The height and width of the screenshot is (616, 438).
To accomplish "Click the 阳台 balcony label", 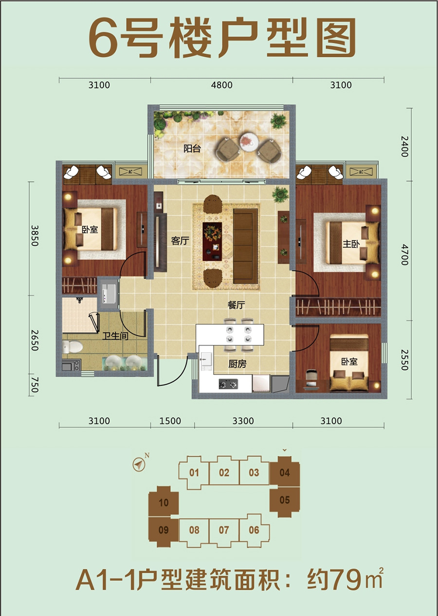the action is point(192,149).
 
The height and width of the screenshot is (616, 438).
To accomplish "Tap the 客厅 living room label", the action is point(180,241).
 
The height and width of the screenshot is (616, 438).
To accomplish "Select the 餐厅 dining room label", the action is point(236,305).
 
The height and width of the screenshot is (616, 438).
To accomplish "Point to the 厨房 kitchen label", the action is point(237,364).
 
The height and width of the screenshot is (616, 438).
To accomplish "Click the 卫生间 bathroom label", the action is point(115,336).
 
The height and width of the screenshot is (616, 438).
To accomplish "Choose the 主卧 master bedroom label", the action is point(351,244).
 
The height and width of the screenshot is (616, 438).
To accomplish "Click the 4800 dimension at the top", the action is point(222,85).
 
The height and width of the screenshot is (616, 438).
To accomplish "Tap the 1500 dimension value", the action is point(170,421).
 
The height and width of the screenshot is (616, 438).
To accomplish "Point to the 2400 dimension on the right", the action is point(404,146).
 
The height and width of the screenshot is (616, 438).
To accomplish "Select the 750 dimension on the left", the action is point(35,385).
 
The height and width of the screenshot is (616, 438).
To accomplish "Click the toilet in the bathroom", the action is point(73,346).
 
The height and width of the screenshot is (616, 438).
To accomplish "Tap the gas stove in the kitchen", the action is point(228,383).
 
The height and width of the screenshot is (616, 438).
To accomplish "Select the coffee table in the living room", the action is point(212,242).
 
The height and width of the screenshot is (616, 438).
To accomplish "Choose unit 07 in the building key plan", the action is point(224,530).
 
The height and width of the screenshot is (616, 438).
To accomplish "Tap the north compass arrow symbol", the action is point(139,465).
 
